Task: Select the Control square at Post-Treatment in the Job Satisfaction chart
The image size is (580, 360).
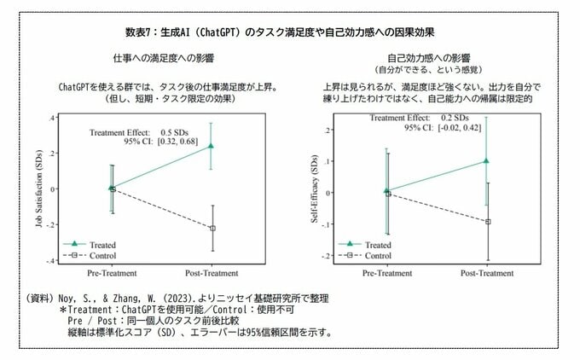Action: point(212,228)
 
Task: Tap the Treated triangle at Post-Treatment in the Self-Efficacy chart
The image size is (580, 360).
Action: point(486,160)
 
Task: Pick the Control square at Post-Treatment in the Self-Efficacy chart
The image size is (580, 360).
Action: point(487,222)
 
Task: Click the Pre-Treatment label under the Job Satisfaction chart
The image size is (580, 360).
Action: point(112,274)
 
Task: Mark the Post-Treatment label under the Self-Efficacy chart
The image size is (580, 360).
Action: point(487,274)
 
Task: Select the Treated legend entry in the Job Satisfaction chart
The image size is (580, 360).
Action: point(95,244)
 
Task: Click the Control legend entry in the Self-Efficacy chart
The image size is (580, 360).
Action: point(370,255)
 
